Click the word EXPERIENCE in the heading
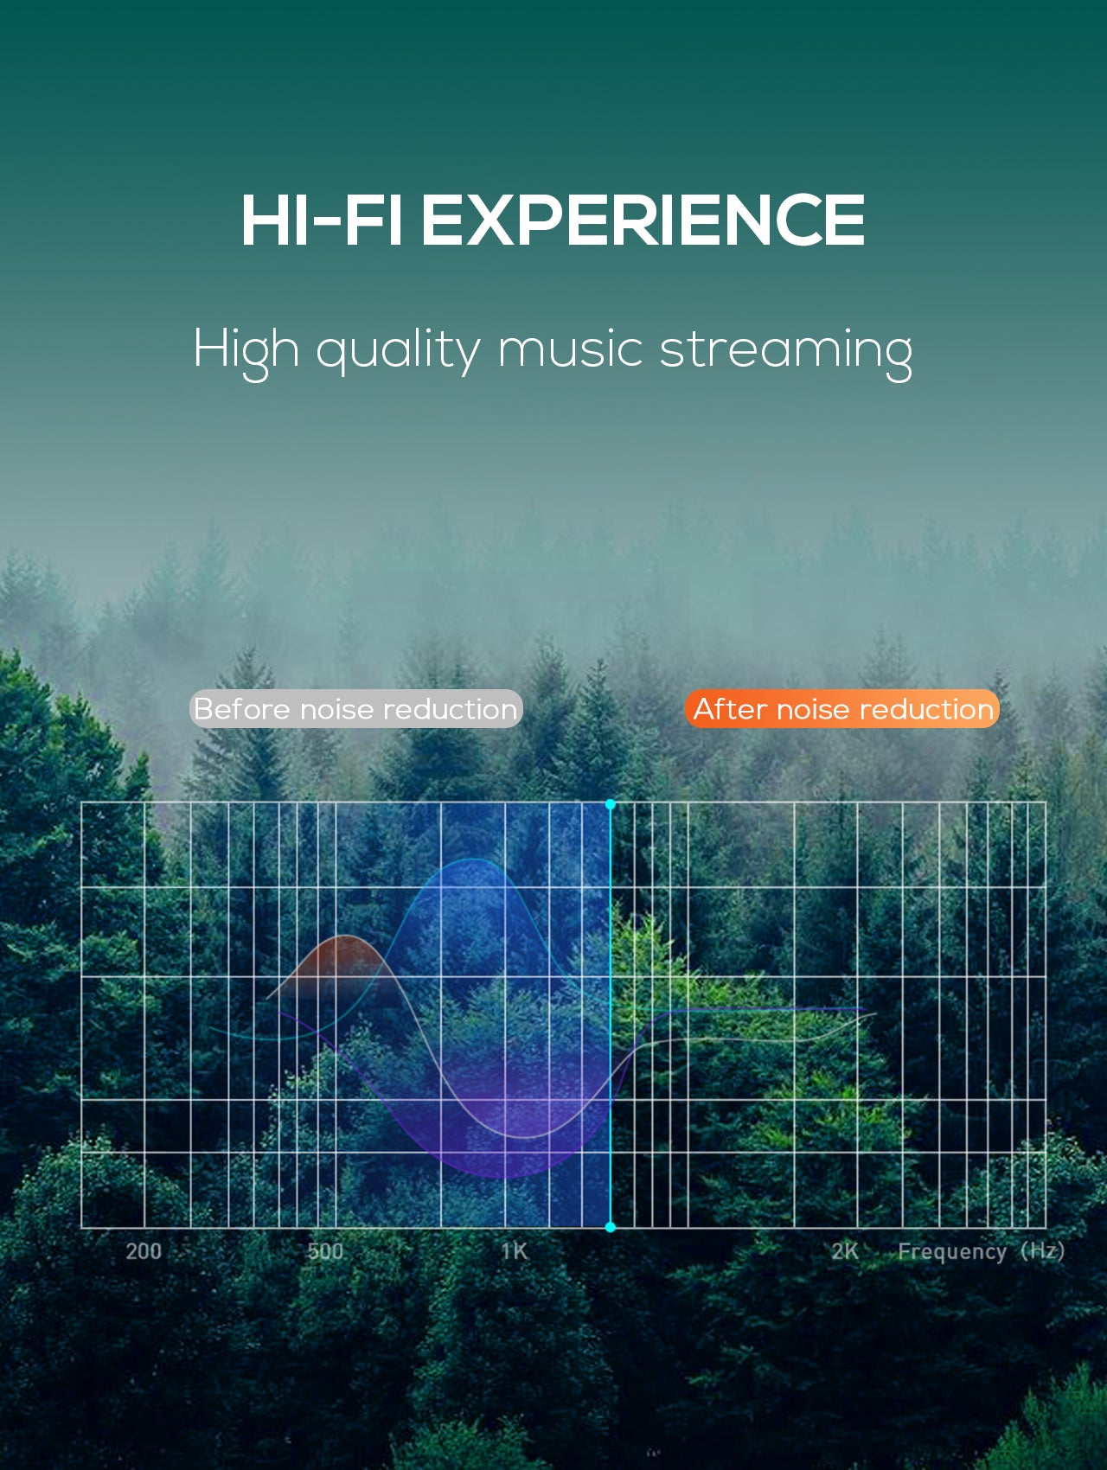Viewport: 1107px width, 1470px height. tap(643, 220)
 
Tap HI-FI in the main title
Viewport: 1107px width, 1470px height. tap(321, 220)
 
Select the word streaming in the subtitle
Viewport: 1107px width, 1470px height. tap(785, 351)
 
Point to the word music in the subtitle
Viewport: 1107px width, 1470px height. tap(570, 350)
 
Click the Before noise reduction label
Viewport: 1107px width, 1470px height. tap(355, 709)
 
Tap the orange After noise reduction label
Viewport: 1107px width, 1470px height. tap(842, 709)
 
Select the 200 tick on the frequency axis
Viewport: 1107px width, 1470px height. tap(144, 1251)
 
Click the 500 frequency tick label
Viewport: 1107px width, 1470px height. tap(325, 1251)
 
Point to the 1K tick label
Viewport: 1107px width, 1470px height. tap(514, 1251)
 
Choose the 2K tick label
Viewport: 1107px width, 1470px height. tap(845, 1251)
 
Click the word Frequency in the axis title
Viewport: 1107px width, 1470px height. tap(952, 1252)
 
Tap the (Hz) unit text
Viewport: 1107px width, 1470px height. tap(1042, 1251)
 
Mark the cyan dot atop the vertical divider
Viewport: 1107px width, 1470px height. tap(611, 804)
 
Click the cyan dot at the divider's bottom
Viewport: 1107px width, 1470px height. tap(611, 1227)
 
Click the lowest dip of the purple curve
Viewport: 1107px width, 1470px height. tap(503, 1177)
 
